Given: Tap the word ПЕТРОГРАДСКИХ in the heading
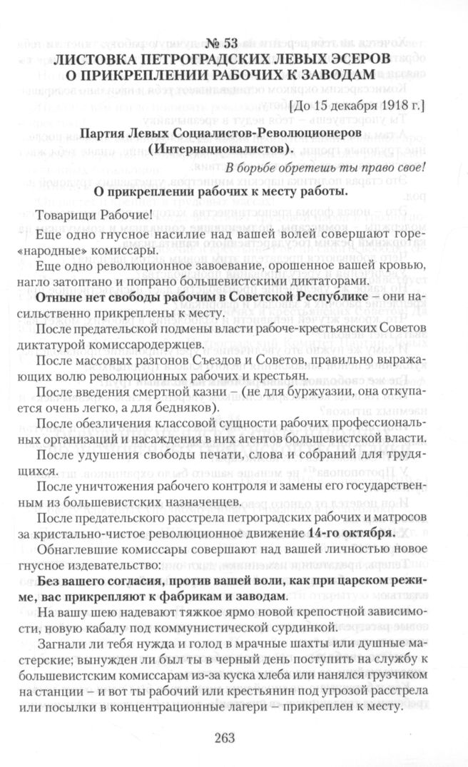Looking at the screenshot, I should pyautogui.click(x=229, y=56).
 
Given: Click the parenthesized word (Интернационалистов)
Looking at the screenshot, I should pyautogui.click(x=233, y=148).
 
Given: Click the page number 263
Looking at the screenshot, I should pyautogui.click(x=233, y=740).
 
